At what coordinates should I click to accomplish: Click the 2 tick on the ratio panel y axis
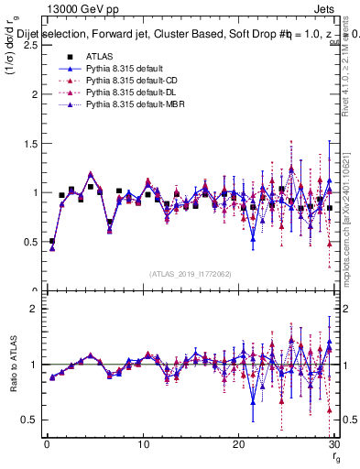pyautogui.click(x=33, y=309)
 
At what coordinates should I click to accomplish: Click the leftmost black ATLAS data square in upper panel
pyautogui.click(x=52, y=242)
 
